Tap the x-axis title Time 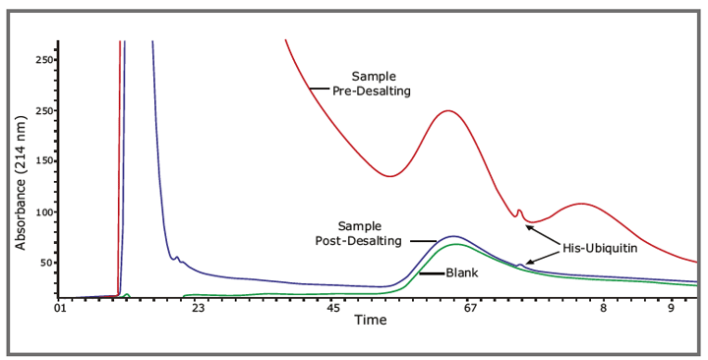[x=371, y=321]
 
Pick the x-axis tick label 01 [x=60, y=309]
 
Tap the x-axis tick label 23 [x=197, y=309]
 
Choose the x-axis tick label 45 [x=333, y=309]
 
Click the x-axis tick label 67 [x=470, y=309]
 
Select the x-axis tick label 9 [x=671, y=309]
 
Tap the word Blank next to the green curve [x=462, y=273]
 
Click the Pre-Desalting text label [x=379, y=90]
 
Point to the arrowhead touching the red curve [x=528, y=226]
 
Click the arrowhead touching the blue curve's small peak [x=527, y=263]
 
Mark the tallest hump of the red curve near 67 [x=448, y=110]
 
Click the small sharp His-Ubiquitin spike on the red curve [x=518, y=210]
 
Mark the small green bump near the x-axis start [x=126, y=294]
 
